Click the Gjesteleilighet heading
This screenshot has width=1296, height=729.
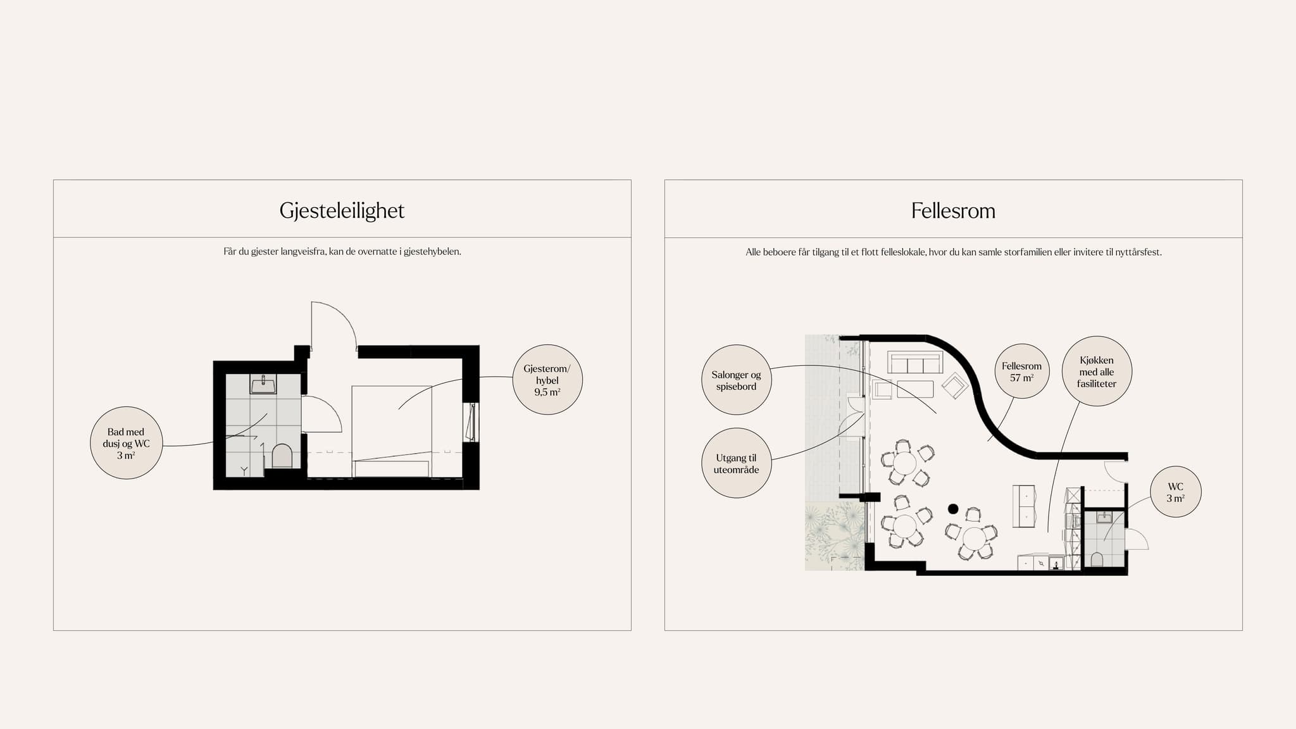tap(342, 211)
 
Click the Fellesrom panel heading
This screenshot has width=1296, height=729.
tap(953, 211)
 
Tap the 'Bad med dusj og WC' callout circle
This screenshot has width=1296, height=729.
tap(127, 443)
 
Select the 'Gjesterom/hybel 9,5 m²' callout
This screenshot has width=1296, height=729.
tap(547, 380)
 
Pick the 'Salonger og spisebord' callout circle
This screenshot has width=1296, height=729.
tap(737, 380)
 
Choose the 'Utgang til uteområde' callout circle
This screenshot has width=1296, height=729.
tap(737, 463)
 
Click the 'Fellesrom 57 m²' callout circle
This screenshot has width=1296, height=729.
tap(1022, 371)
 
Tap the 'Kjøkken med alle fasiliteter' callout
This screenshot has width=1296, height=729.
tap(1097, 371)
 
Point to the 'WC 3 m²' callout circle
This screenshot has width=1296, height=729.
tap(1176, 492)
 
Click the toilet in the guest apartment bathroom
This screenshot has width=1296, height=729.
tap(282, 456)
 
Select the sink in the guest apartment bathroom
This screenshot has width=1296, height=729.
tap(263, 384)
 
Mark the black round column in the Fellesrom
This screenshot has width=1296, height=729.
tap(953, 508)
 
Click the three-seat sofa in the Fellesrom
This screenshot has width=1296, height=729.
tap(915, 363)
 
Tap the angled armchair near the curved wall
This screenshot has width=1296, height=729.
tap(955, 385)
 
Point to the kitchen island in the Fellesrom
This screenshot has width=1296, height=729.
tap(1024, 506)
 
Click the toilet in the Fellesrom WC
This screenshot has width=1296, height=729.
tap(1097, 559)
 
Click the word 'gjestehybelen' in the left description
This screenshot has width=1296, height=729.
tap(432, 252)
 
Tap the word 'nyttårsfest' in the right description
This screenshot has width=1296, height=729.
tap(1138, 252)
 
